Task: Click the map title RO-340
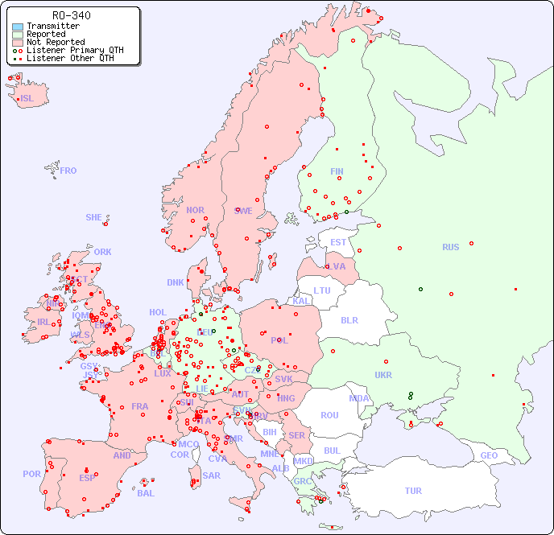click(x=71, y=15)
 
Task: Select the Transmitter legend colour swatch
click(x=18, y=27)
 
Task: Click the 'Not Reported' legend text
click(x=56, y=42)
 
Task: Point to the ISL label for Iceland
click(x=27, y=99)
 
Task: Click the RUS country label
click(x=450, y=247)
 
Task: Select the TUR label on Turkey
click(x=413, y=491)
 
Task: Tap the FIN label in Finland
click(x=337, y=171)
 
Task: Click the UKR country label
click(x=383, y=375)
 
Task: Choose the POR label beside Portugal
click(x=31, y=474)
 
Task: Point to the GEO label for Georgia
click(x=489, y=455)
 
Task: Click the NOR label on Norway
click(x=195, y=210)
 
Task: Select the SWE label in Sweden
click(x=243, y=211)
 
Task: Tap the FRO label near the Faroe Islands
click(x=68, y=171)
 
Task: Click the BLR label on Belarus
click(x=349, y=319)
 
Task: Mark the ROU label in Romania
click(x=329, y=415)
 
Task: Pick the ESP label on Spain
click(x=87, y=477)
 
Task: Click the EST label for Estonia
click(x=338, y=242)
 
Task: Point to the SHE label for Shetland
click(x=94, y=217)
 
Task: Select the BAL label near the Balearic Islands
click(x=146, y=493)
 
